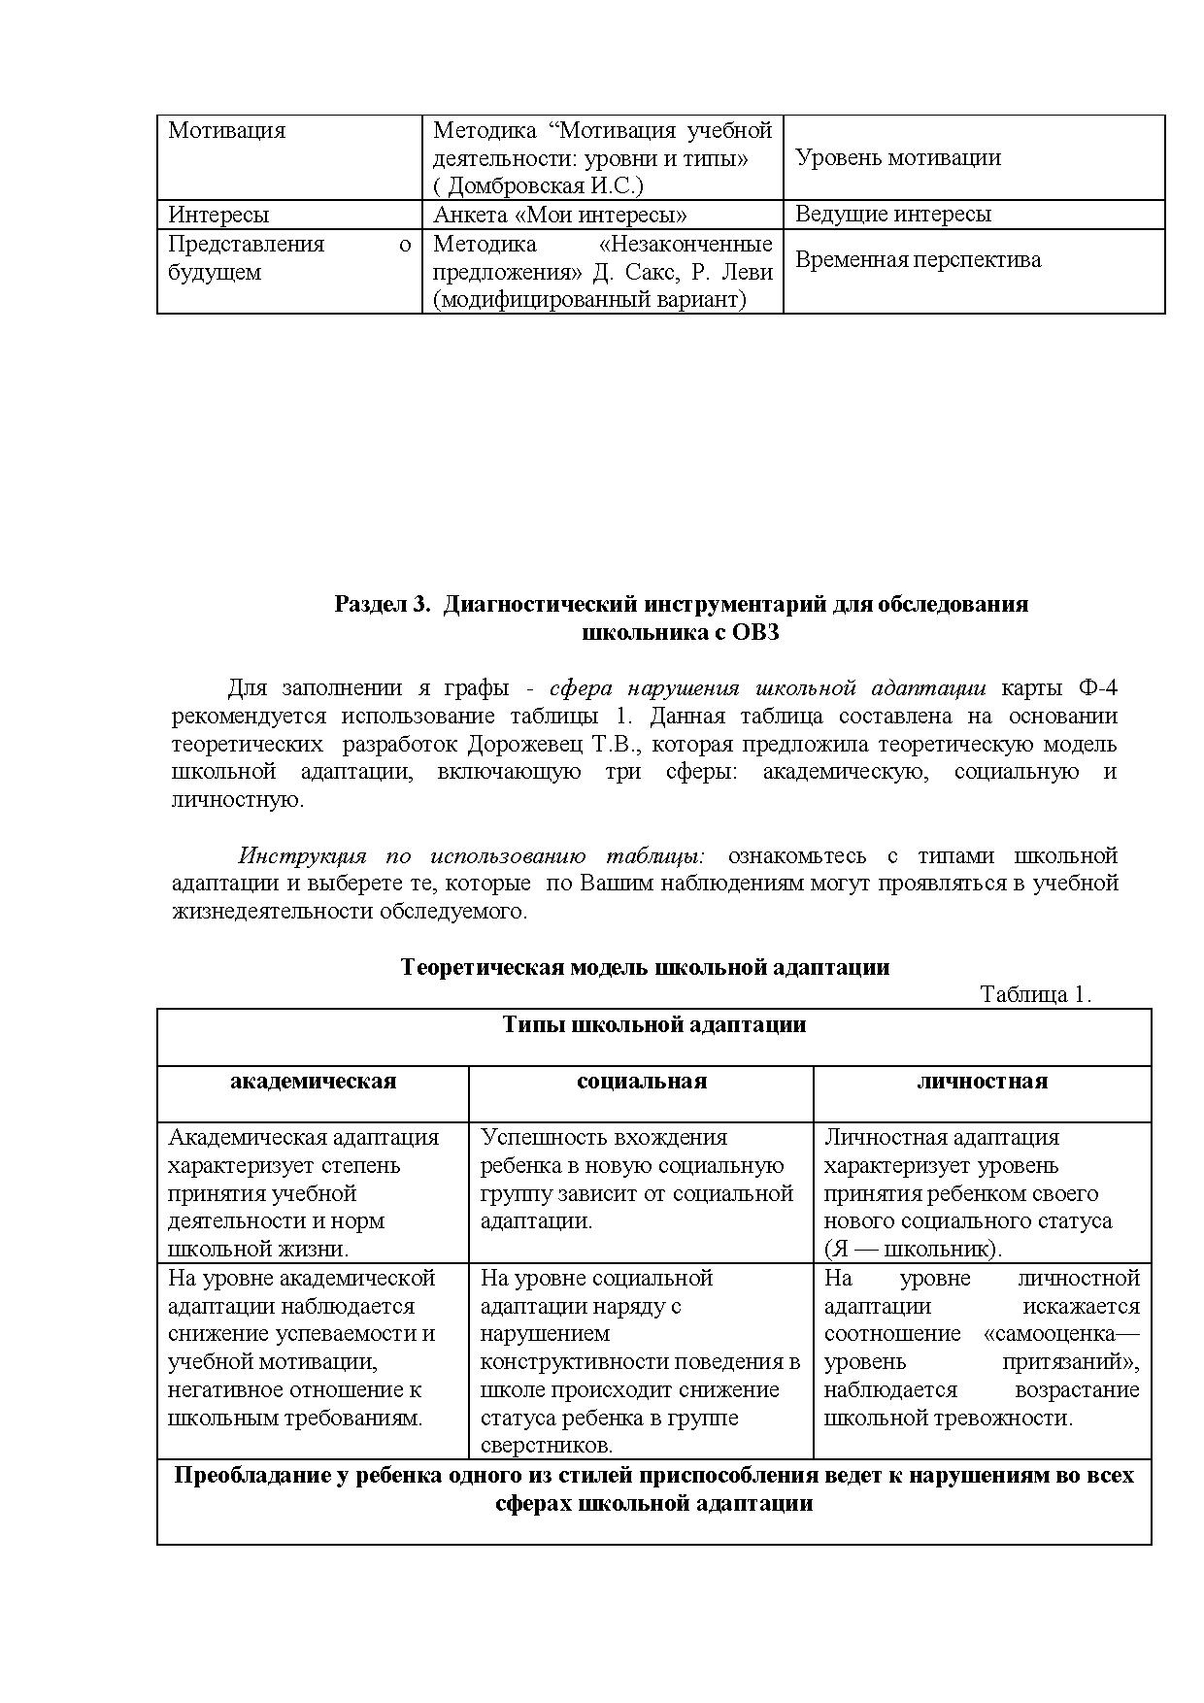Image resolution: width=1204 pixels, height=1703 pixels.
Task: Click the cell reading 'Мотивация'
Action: pos(226,131)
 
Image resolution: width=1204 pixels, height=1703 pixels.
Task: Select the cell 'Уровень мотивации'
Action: pos(897,158)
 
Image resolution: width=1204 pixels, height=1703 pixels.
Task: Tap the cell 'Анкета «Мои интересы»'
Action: pos(559,215)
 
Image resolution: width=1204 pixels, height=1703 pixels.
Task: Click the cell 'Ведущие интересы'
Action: pos(892,214)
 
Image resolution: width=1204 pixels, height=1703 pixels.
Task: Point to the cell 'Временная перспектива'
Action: pos(918,259)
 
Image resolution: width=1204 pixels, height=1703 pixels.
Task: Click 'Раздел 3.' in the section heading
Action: pos(381,604)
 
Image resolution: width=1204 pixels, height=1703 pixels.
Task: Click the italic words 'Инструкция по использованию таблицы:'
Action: pos(472,856)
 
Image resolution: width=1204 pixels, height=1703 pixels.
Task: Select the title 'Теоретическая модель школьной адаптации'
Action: pos(645,967)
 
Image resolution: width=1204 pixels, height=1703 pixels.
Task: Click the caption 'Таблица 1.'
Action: pos(1035,994)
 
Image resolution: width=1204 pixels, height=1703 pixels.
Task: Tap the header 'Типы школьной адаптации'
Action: pos(653,1025)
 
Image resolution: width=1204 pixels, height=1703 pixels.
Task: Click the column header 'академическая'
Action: pos(313,1082)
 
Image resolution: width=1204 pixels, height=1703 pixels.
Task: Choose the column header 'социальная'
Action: pos(641,1082)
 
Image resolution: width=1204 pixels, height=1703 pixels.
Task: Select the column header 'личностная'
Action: pos(982,1082)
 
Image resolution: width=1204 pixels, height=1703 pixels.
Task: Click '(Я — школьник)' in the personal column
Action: pos(913,1250)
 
